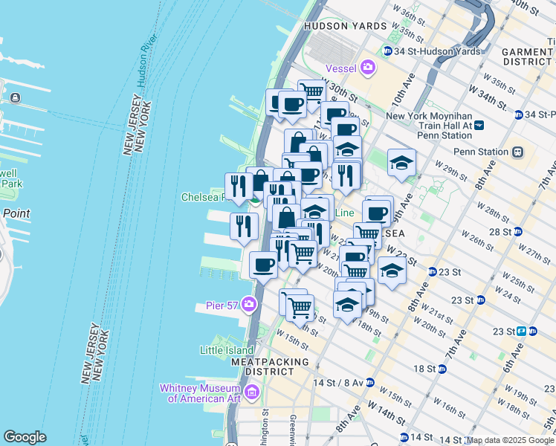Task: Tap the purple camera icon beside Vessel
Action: (369, 68)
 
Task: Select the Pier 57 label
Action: (222, 305)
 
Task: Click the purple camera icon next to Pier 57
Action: (248, 304)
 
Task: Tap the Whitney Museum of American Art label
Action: (201, 392)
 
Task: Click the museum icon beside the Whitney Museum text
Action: (252, 392)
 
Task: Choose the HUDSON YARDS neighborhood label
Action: (346, 26)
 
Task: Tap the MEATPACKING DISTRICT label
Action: (269, 366)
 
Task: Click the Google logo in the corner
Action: (25, 437)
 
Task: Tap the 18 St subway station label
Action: (424, 369)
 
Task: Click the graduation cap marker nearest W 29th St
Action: (401, 163)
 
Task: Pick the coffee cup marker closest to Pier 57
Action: (262, 265)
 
